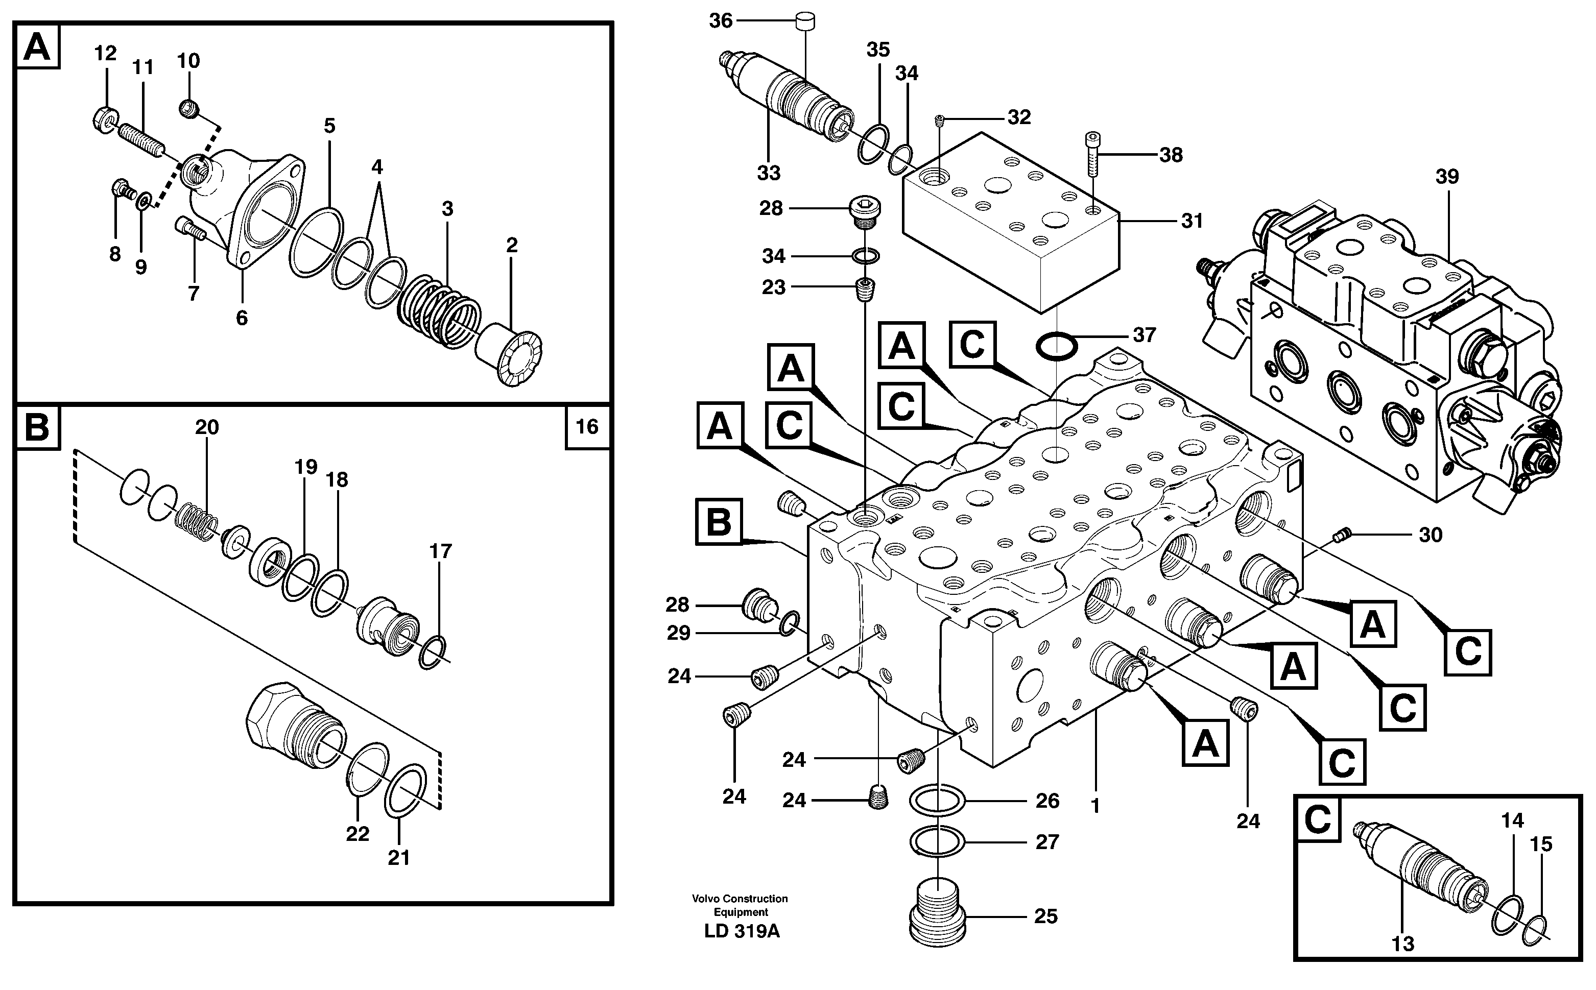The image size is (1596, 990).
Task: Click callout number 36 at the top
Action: coord(721,21)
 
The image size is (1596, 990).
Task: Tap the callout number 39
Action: coord(1447,177)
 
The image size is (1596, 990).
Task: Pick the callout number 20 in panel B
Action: coord(206,427)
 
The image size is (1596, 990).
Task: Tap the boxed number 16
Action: coord(587,427)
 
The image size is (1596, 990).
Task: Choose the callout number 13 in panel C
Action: coord(1402,944)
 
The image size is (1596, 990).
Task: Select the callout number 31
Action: coord(1192,221)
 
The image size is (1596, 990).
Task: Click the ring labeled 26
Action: coord(937,801)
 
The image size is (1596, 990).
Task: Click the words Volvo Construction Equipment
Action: coord(740,905)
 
